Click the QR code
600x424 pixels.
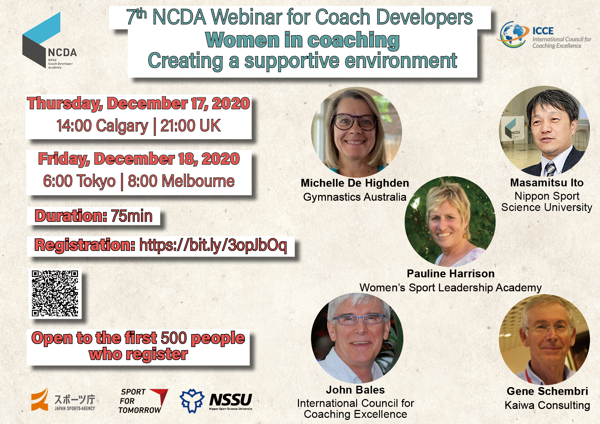[55, 293]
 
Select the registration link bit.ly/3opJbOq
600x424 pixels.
[213, 246]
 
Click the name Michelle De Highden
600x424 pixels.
[355, 183]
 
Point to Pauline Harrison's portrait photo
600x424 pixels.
[450, 222]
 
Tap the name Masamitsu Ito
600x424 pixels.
[547, 183]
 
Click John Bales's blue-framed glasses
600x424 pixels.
[358, 319]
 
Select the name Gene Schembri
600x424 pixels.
[547, 391]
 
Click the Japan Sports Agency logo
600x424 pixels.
[63, 399]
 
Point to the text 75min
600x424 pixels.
[132, 216]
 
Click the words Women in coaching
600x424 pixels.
[302, 40]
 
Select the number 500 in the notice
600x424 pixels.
[174, 338]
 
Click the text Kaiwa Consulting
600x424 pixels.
[547, 405]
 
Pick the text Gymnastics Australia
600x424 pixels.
[355, 197]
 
